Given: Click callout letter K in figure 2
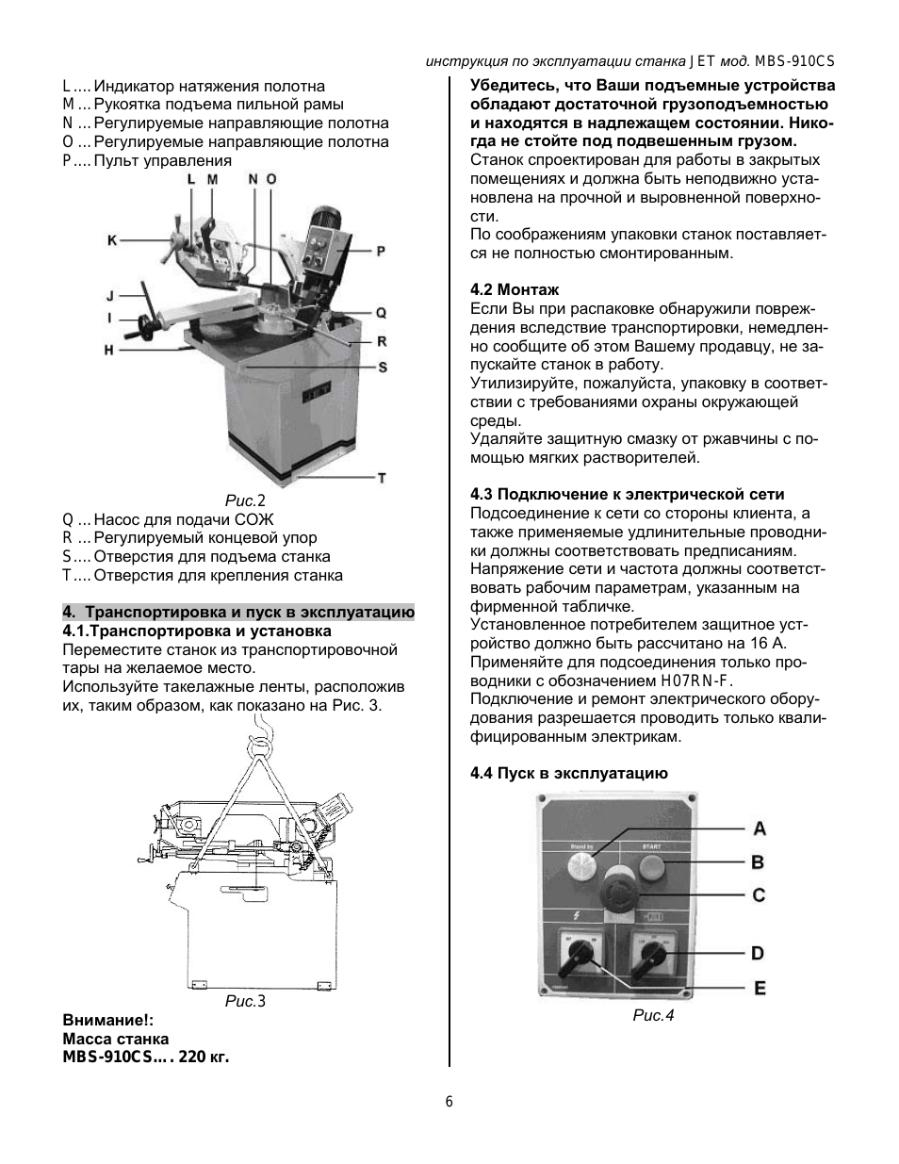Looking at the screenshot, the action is click(112, 240).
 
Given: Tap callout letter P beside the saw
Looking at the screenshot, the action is click(381, 251).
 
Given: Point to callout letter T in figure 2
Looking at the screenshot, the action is click(382, 478).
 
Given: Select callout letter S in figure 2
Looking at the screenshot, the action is click(383, 368).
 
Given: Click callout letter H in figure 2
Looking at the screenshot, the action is click(109, 351).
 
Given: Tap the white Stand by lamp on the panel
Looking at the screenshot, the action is click(580, 866).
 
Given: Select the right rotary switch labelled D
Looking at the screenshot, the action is click(651, 958).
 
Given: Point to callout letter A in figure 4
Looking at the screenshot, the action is click(759, 828).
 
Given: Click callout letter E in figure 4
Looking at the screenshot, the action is click(760, 989).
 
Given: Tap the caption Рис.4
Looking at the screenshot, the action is click(653, 1016).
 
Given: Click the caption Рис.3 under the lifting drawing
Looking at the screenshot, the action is click(245, 1001).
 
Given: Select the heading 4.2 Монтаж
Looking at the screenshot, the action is click(515, 289).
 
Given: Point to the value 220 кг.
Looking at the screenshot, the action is click(204, 1057).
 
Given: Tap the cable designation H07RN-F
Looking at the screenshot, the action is click(696, 680).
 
